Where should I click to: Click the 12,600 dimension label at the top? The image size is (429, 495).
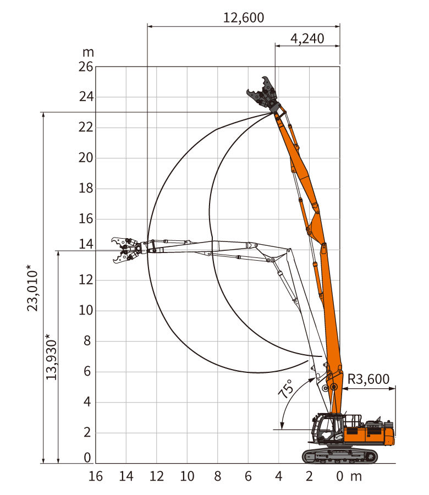(244, 18)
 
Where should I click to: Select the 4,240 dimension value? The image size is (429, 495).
(307, 38)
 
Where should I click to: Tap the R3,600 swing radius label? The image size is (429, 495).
(369, 379)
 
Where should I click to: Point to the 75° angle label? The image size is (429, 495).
(285, 389)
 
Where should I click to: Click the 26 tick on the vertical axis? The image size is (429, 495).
(86, 67)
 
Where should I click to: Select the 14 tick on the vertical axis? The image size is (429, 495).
(86, 244)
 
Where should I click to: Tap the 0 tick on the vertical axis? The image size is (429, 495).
(87, 458)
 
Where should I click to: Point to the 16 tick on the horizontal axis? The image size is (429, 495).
(95, 476)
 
